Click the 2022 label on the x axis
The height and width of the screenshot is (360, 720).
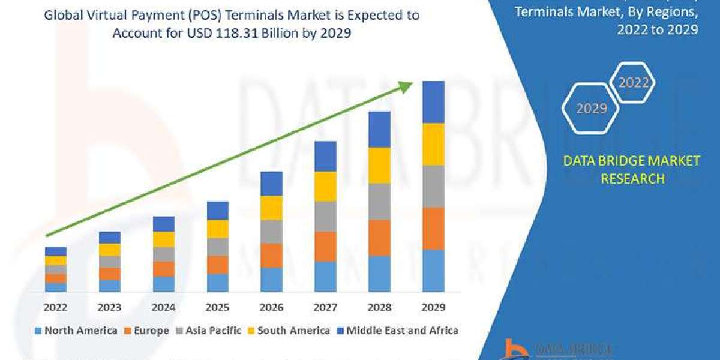tap(56, 308)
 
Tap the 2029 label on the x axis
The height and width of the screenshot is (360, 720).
tap(433, 308)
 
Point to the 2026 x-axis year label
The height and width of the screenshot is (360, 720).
tap(271, 308)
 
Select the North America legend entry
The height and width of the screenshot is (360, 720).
tap(76, 331)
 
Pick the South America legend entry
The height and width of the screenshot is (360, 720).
tap(288, 331)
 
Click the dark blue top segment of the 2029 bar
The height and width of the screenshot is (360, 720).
tap(433, 102)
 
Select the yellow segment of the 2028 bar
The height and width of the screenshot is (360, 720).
tap(379, 165)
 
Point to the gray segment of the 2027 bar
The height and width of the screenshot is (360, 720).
tap(325, 216)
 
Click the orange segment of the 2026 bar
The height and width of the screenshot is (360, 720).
tap(271, 255)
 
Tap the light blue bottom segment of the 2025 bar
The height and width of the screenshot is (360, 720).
tap(217, 283)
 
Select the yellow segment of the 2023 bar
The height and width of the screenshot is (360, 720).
tap(110, 250)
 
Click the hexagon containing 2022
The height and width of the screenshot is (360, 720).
tap(633, 83)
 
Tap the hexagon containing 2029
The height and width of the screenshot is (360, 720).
tap(591, 109)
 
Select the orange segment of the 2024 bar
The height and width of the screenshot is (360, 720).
tap(164, 269)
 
